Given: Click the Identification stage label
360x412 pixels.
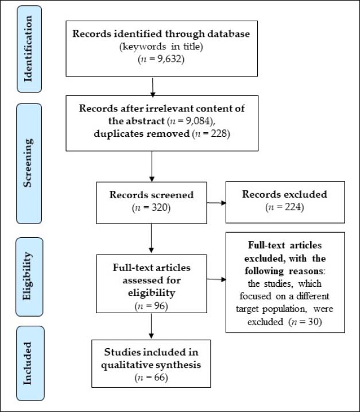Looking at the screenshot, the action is coord(28,49).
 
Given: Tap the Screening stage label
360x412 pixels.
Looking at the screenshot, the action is coord(28,163).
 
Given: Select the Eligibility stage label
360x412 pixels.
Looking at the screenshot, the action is coord(28,276).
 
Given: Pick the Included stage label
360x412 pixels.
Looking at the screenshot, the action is coord(28,363).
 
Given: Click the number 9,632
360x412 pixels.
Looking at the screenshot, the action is coord(169,59).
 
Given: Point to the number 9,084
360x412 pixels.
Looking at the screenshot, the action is coord(199,121).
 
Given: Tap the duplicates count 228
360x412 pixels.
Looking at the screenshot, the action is coord(219,134).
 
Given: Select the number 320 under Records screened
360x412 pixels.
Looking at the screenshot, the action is coord(160,208).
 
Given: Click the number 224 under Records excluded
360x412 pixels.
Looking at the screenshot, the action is coord(293,207).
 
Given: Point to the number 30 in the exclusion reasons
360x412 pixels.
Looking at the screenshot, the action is coord(313,322).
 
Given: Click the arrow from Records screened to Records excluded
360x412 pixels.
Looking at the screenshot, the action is coord(216,203).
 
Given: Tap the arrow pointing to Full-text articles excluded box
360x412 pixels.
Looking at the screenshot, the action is coord(216,279).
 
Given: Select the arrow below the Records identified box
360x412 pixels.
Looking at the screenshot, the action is coord(153,87).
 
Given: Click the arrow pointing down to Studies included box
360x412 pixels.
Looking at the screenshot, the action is coord(151,326).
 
